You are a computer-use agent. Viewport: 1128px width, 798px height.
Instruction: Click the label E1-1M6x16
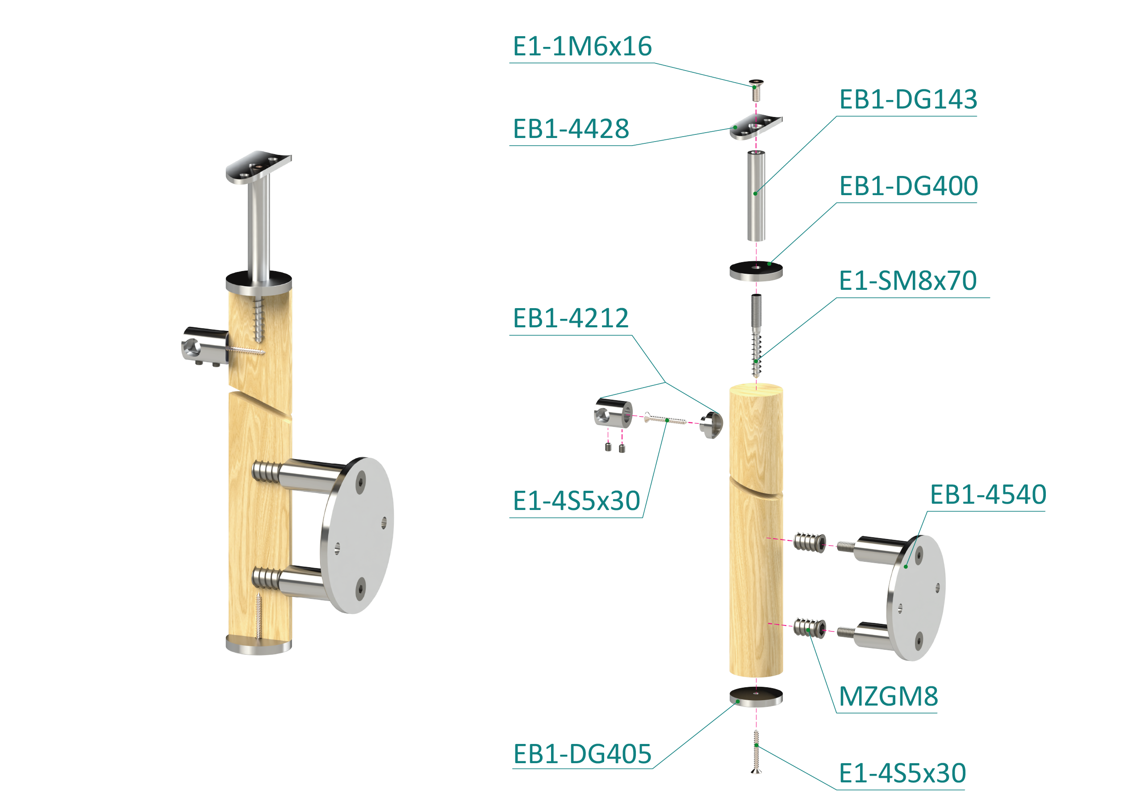tap(582, 47)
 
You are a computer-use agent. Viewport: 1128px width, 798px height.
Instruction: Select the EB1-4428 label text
tap(571, 129)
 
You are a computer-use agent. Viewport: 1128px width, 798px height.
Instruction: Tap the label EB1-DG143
tap(908, 100)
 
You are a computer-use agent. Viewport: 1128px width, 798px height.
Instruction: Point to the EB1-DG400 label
tap(908, 186)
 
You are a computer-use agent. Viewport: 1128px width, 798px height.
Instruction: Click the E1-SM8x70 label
tap(907, 281)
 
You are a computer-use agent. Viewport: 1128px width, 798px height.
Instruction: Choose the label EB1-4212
tap(570, 318)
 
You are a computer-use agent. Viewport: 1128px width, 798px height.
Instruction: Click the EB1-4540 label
tap(988, 495)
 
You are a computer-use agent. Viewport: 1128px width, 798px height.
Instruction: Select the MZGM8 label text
tap(888, 697)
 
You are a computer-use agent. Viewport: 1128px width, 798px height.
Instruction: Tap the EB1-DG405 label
tap(582, 754)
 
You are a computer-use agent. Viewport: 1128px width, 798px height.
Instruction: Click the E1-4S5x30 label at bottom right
tap(902, 773)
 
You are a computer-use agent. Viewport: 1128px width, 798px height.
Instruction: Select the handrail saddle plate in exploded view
tap(756, 126)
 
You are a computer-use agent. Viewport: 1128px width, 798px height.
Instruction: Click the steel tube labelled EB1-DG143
tap(756, 196)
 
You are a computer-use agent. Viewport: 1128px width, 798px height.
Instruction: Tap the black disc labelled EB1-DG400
tap(756, 270)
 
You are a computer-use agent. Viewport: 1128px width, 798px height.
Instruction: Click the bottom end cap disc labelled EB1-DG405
tap(756, 696)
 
